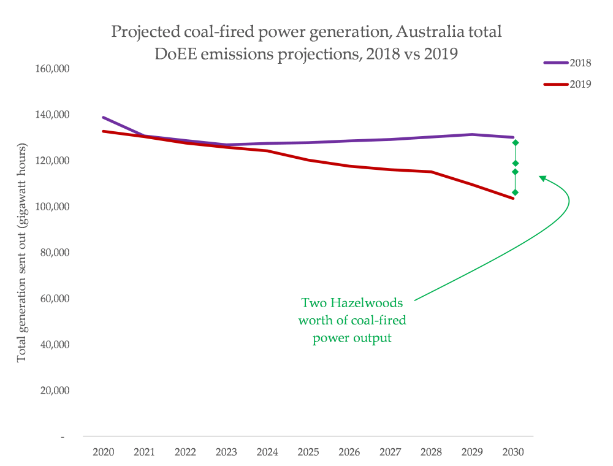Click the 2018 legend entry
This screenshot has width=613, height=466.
(x=566, y=63)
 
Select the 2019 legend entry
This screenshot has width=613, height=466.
(x=566, y=84)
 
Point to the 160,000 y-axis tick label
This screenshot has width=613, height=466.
(x=52, y=69)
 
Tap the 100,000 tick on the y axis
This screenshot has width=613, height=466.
(x=52, y=207)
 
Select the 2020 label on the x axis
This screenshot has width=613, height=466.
(x=103, y=453)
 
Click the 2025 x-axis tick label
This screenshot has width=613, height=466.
(x=308, y=453)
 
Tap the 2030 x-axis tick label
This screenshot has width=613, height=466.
(x=513, y=453)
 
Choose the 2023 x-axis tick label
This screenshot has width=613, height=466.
(x=226, y=453)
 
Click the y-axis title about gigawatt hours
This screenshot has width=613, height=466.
(x=22, y=253)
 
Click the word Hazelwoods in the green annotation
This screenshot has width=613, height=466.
(x=360, y=303)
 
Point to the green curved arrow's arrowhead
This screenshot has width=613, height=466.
(x=542, y=178)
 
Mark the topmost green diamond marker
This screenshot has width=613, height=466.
(x=516, y=143)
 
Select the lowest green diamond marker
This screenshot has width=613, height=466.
(x=516, y=193)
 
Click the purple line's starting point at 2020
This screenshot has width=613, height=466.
(x=103, y=117)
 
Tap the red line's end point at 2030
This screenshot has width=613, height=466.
(x=513, y=198)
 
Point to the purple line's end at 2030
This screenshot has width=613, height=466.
(x=513, y=137)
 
